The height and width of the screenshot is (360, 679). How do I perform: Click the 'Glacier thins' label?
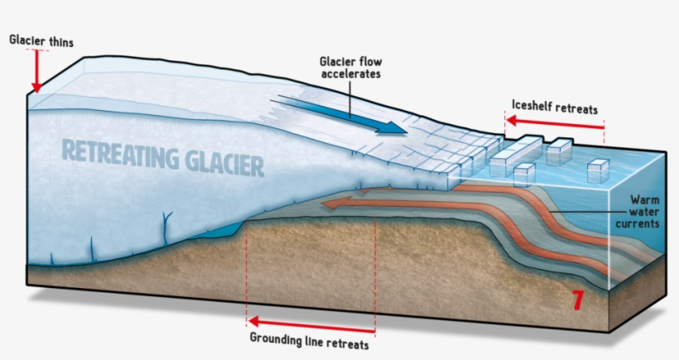click(x=40, y=39)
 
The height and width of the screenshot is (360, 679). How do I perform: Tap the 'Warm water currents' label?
click(x=643, y=212)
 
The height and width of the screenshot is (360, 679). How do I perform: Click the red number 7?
click(x=578, y=300)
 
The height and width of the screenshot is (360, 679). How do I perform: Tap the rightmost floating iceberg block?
click(x=597, y=172)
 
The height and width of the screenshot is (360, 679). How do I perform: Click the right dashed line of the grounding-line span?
click(x=375, y=273)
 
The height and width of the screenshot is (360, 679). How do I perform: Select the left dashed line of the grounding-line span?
click(x=247, y=273)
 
